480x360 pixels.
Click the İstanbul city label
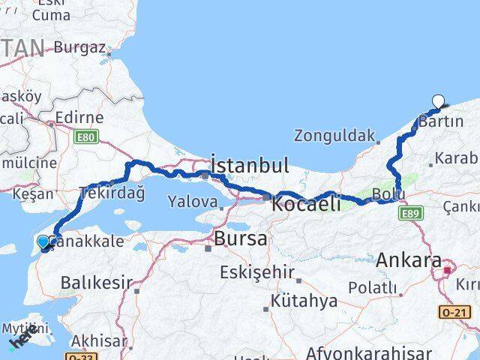249,165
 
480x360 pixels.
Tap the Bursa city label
240,239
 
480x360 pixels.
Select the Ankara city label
408,261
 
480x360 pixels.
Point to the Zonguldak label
334,136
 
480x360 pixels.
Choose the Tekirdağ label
112,192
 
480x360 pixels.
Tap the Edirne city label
78,118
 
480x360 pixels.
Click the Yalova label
193,202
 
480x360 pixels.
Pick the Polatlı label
372,287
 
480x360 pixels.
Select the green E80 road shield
86,136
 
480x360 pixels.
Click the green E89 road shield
410,214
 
